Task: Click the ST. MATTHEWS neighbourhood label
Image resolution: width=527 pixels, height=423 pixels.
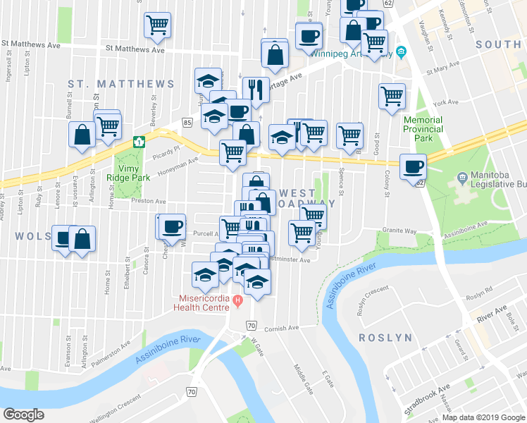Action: (121, 84)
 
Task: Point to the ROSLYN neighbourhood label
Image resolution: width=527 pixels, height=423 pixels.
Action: (385, 338)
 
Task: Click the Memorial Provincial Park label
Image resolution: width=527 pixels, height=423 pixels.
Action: (423, 129)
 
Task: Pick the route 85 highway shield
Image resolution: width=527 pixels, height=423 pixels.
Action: (187, 123)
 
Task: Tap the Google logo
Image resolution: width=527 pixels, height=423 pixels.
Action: (23, 415)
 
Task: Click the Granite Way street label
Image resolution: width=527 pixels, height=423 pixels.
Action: (399, 231)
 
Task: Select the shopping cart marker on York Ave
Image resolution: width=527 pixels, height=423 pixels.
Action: (392, 96)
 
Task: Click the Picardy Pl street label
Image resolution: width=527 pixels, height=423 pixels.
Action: (167, 149)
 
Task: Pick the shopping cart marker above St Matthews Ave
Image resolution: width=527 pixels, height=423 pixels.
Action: (157, 25)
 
